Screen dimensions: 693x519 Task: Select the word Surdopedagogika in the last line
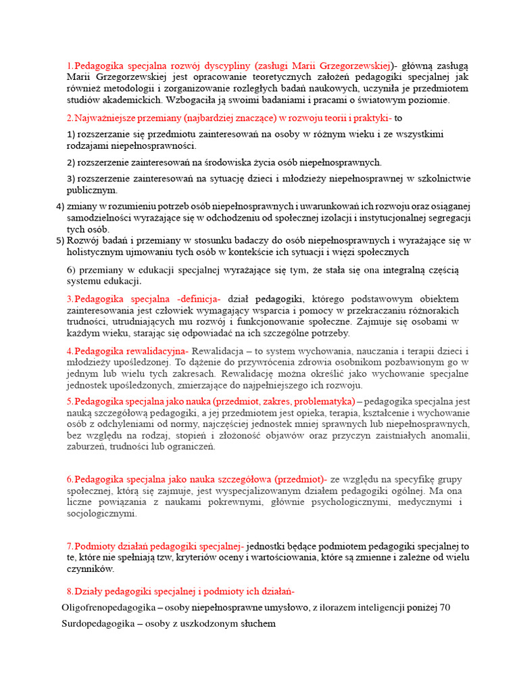coord(97,623)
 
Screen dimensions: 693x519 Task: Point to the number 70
coord(444,608)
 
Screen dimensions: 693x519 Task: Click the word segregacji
coord(447,218)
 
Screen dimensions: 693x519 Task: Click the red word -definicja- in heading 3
coord(199,298)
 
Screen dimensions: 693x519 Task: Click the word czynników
coord(90,569)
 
